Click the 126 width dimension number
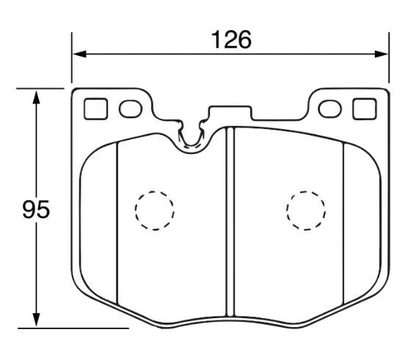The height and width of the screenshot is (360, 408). coord(232,39)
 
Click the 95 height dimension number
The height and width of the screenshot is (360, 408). coord(35,210)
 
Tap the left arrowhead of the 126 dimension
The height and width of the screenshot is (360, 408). coord(78,54)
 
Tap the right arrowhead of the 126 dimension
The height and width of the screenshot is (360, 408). coord(382,54)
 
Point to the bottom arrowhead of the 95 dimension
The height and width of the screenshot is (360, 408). coord(36,320)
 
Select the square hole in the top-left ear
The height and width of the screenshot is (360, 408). coord(95,109)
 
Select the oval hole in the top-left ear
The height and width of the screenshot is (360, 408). coord(130,109)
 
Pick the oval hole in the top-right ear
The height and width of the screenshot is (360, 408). coord(332,109)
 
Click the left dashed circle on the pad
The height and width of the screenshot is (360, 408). coord(155,210)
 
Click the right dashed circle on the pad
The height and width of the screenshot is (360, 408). coord(306,210)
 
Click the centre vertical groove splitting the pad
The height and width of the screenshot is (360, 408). coord(229,220)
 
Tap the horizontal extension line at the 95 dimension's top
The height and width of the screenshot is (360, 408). coord(44,88)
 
